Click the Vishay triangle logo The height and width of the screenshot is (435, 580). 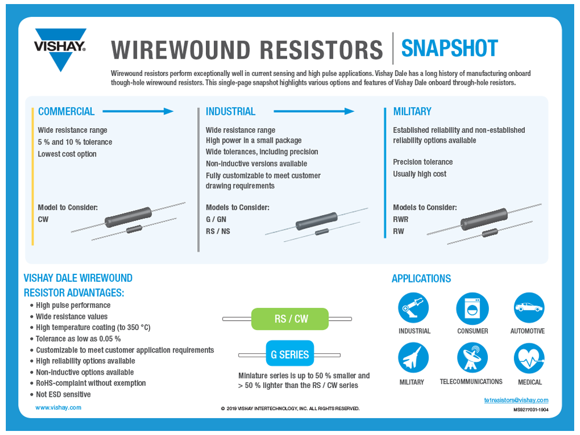coord(60,49)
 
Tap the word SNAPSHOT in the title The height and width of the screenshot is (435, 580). coord(449,49)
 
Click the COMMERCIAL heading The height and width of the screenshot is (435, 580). coord(66,111)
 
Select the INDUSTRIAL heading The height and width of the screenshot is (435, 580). coord(230,111)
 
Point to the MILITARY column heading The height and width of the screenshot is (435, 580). coord(412,111)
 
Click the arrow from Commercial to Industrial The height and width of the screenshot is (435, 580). coord(138,111)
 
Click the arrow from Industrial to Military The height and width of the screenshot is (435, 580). coord(313,111)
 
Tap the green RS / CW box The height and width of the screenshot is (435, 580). coord(290,319)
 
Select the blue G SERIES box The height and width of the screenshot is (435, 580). coord(289,354)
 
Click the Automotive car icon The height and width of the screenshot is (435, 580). coord(529,308)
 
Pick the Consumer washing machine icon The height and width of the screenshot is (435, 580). coord(472,308)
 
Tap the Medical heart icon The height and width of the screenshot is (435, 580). coord(529,358)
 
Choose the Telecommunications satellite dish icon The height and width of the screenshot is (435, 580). coord(472,358)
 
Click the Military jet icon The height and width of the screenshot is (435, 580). coord(413,358)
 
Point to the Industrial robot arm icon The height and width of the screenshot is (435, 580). coord(413,308)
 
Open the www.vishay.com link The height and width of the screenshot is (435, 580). coord(58,408)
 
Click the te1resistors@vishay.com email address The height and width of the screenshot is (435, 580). coord(516,400)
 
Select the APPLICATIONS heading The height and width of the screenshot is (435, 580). coord(421,279)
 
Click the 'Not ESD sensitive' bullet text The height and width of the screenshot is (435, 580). coord(63,394)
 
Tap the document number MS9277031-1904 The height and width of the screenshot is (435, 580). coord(531,409)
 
